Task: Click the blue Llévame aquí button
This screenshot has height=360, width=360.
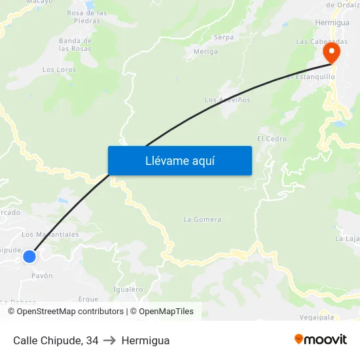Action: click(x=179, y=160)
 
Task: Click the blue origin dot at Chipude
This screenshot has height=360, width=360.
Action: click(x=29, y=256)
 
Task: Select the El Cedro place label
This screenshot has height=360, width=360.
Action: click(x=272, y=139)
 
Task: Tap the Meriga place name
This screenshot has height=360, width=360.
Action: click(x=206, y=52)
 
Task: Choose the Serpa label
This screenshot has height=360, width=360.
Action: click(x=224, y=37)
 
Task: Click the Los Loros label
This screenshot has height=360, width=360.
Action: click(x=59, y=69)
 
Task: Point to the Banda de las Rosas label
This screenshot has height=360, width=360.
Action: click(x=75, y=45)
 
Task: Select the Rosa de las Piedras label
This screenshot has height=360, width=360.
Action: click(x=87, y=16)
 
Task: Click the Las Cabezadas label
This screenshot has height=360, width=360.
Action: click(x=321, y=41)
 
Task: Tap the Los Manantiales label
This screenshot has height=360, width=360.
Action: click(x=50, y=234)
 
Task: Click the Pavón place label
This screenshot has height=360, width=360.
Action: click(x=42, y=276)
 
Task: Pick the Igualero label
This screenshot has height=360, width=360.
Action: click(x=128, y=289)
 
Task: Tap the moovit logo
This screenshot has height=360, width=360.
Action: click(x=321, y=340)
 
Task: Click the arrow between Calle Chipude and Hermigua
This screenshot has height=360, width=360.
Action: click(x=110, y=340)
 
